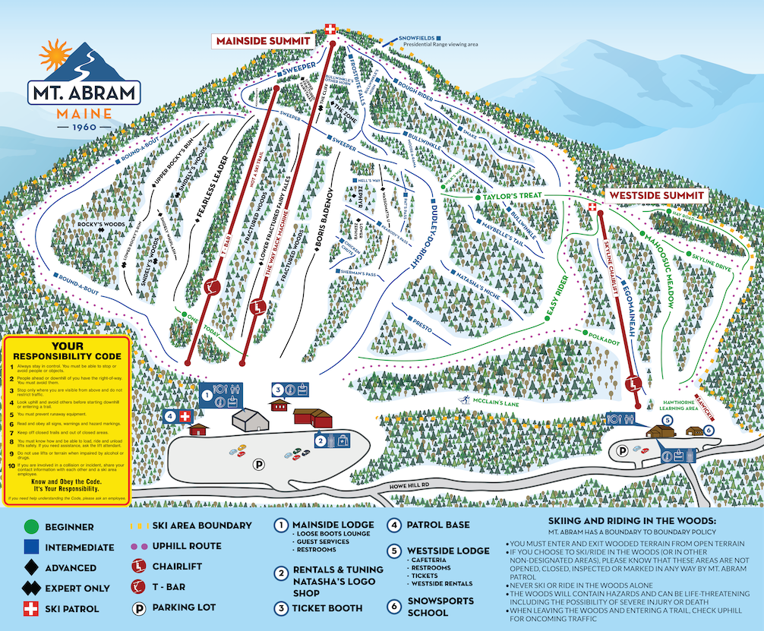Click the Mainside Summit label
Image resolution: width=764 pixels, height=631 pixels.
point(263,40)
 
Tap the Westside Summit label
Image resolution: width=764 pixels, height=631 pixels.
point(656,196)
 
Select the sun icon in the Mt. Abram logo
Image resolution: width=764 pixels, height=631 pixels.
point(55,55)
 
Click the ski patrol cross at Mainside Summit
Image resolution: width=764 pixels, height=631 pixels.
point(330,29)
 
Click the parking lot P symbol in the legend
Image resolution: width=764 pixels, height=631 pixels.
point(140,607)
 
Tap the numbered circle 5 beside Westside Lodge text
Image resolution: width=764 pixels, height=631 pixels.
point(394,551)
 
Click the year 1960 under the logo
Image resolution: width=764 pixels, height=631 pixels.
point(84,128)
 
